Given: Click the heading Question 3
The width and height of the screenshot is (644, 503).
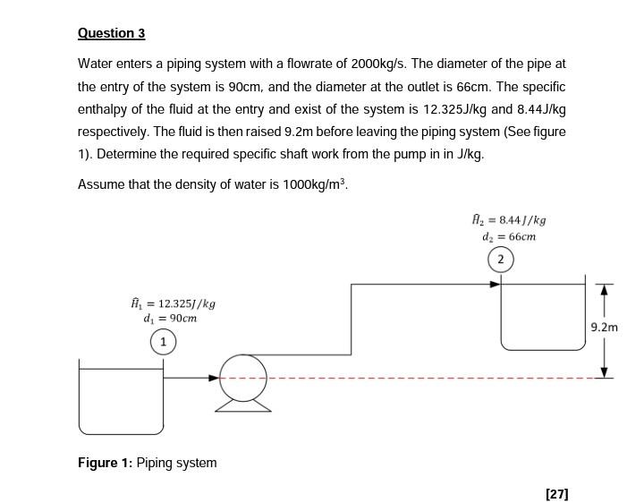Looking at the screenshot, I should [x=111, y=33].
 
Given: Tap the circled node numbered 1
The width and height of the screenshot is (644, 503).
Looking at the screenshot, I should [x=163, y=342].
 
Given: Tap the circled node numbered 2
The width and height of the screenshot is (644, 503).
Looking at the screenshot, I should [x=500, y=260].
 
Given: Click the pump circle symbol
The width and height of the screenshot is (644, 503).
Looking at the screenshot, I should [x=243, y=378].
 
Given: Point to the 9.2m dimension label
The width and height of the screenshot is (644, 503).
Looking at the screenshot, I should [x=605, y=328].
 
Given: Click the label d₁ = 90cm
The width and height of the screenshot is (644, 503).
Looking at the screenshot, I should [x=170, y=319].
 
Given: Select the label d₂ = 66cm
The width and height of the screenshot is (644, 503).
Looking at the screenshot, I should [x=509, y=237].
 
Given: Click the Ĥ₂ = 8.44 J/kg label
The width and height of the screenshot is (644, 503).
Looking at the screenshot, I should [x=509, y=219].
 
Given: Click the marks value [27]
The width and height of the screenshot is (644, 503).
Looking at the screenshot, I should [x=556, y=493].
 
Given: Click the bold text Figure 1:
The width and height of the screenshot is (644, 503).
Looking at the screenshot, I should [x=105, y=463].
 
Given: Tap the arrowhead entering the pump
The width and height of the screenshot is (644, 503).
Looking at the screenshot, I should [x=215, y=378].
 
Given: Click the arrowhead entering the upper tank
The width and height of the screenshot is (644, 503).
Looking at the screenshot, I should [x=495, y=285].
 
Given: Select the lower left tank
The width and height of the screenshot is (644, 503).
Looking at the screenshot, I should [x=121, y=403].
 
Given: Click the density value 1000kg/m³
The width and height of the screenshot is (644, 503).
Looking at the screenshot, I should [x=301, y=184].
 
